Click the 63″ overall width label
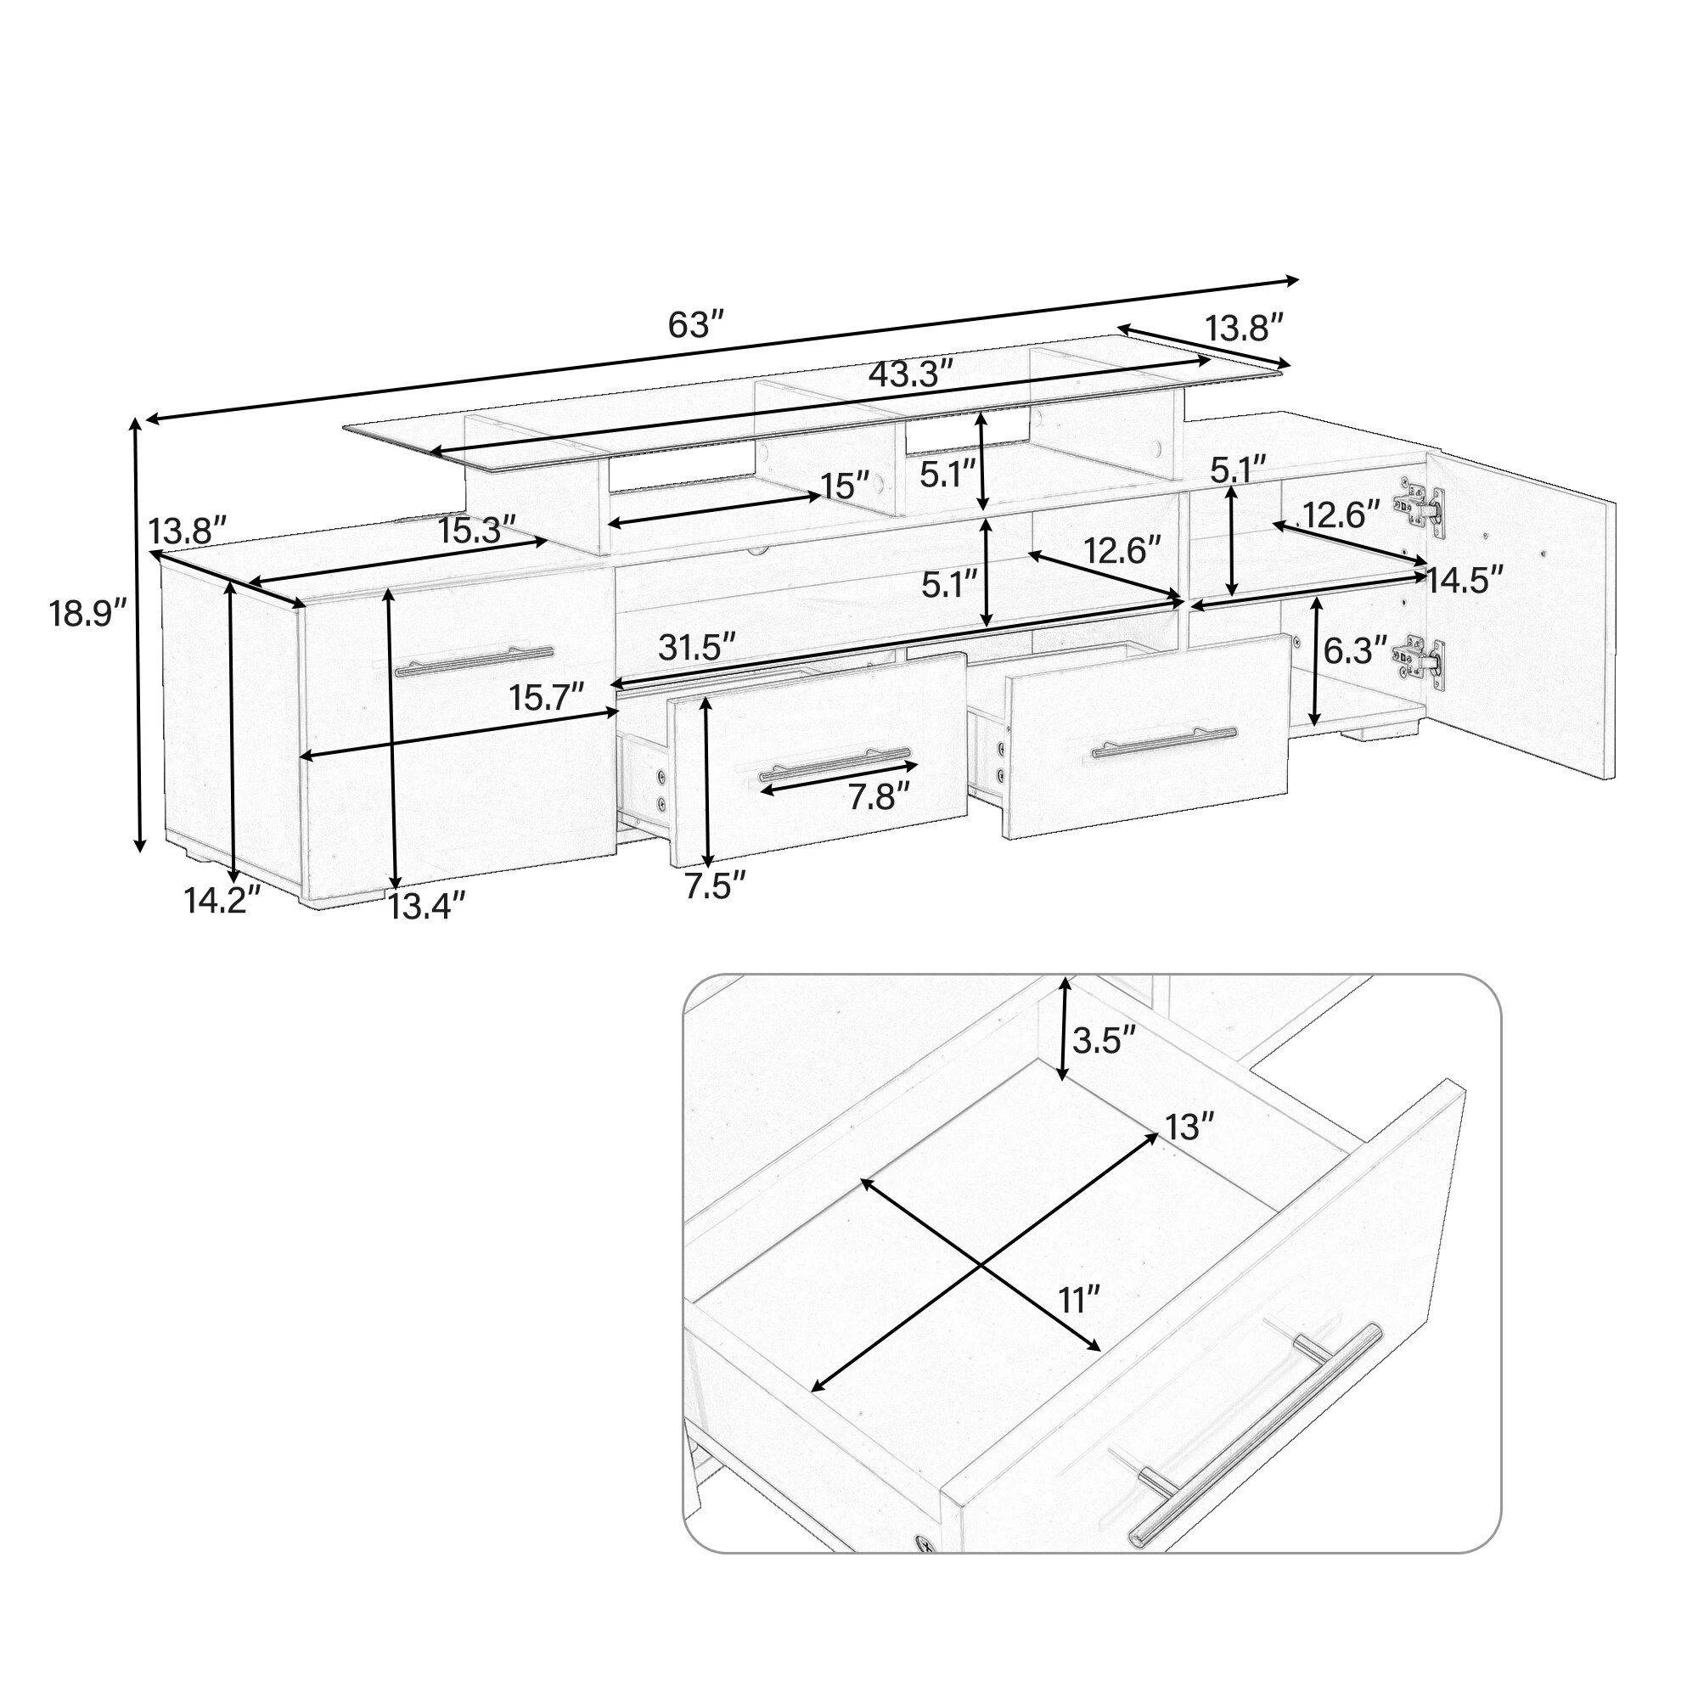(x=694, y=324)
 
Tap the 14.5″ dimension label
(x=1465, y=581)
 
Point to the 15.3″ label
(x=478, y=530)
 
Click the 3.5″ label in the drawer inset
(x=1105, y=1042)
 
